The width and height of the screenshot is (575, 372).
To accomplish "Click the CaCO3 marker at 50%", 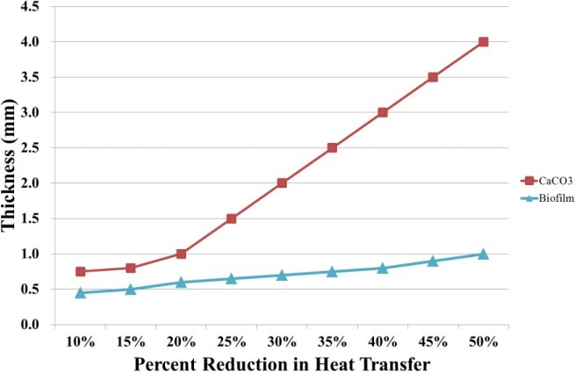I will pyautogui.click(x=483, y=42).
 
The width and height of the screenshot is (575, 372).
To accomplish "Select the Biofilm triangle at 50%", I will pyautogui.click(x=483, y=254).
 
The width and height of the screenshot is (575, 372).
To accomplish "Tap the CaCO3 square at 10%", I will pyautogui.click(x=80, y=272).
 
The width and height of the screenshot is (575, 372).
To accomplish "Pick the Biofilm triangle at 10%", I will pyautogui.click(x=80, y=293).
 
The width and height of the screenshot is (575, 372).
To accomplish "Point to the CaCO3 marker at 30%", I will pyautogui.click(x=282, y=183).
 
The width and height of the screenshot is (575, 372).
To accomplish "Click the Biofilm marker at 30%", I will pyautogui.click(x=282, y=275).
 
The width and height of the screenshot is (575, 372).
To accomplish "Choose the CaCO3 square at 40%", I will pyautogui.click(x=383, y=112).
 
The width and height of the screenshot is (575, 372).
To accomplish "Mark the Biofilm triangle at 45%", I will pyautogui.click(x=433, y=261).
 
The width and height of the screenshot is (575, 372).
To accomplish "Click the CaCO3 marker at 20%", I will pyautogui.click(x=181, y=254).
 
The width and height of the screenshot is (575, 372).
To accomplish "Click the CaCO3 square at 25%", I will pyautogui.click(x=231, y=218).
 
